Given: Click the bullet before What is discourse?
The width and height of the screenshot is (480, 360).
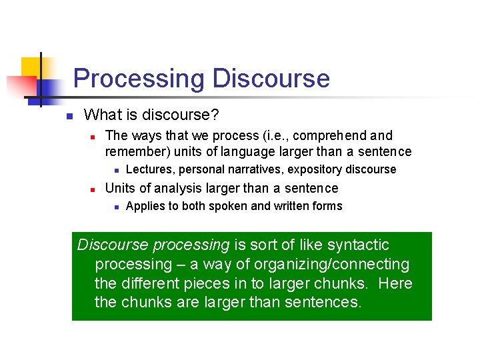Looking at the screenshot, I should pyautogui.click(x=68, y=116).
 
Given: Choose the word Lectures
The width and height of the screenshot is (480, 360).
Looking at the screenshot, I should pyautogui.click(x=147, y=169).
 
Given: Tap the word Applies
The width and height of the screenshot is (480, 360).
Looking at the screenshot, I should pyautogui.click(x=145, y=206).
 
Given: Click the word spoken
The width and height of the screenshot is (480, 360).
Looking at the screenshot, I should pyautogui.click(x=228, y=206).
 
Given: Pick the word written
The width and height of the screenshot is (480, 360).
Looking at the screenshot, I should pyautogui.click(x=292, y=206).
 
